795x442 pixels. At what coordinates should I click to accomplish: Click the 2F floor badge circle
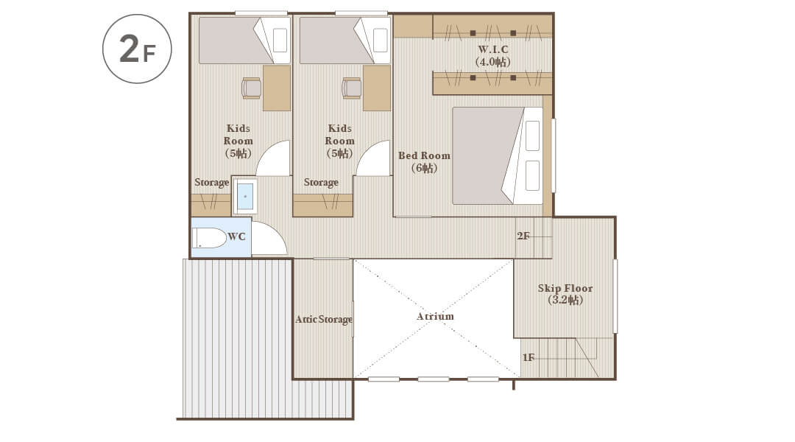coord(137,49)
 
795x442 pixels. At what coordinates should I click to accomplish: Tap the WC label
coord(236,236)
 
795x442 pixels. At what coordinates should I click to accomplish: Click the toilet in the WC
coord(209,238)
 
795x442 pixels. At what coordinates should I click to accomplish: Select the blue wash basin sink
coord(245,196)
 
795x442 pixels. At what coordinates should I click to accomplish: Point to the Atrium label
coord(435,316)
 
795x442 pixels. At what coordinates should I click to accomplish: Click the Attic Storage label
coord(323,319)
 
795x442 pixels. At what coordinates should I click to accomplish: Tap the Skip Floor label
coord(565,294)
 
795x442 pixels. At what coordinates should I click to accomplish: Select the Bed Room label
coord(424,162)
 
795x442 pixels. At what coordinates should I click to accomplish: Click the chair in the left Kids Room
coord(252,88)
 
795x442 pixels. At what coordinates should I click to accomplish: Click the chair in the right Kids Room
coord(351,88)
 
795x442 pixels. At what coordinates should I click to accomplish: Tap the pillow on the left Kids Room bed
coord(280,40)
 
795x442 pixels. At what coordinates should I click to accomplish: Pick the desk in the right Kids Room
coord(377,88)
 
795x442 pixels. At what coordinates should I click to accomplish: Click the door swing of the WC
coord(269,239)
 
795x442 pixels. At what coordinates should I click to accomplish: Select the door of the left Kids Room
coord(273,158)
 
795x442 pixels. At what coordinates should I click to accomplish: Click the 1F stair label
coord(529,357)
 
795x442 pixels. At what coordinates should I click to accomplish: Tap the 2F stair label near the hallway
coord(523,236)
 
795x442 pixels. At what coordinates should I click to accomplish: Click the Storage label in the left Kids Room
coord(211,183)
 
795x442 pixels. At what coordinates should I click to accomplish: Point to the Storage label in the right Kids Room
coord(321,182)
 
